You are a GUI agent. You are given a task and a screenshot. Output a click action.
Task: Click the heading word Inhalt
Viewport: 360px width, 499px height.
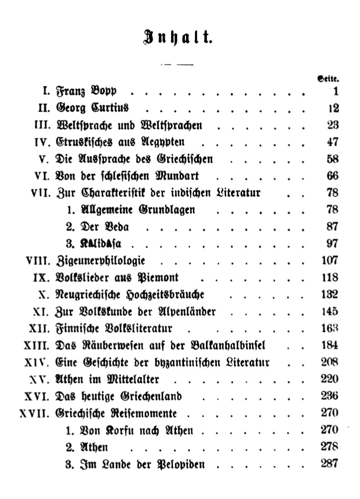(x=179, y=37)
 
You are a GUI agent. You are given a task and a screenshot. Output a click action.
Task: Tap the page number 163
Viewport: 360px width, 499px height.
(x=329, y=328)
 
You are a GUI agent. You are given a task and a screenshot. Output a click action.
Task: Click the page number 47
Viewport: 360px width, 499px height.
(x=332, y=142)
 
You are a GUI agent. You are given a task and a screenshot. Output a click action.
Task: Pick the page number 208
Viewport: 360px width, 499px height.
(x=329, y=362)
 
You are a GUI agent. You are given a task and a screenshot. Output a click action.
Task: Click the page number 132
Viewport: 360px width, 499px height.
(x=329, y=294)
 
